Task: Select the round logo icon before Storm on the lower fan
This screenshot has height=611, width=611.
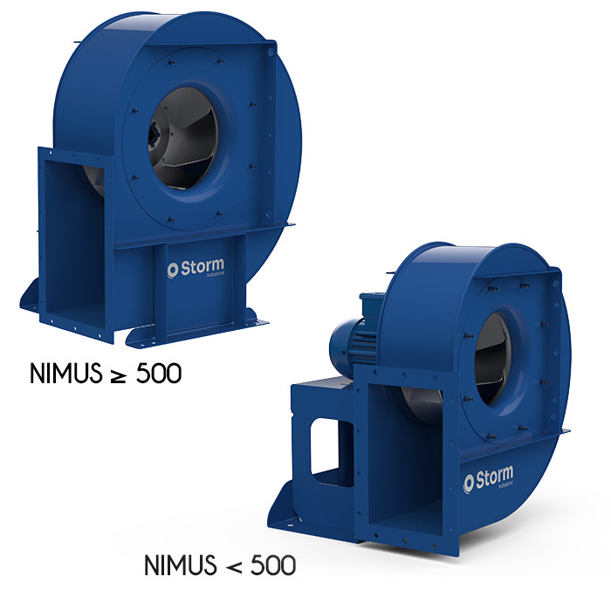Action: [469, 480]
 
